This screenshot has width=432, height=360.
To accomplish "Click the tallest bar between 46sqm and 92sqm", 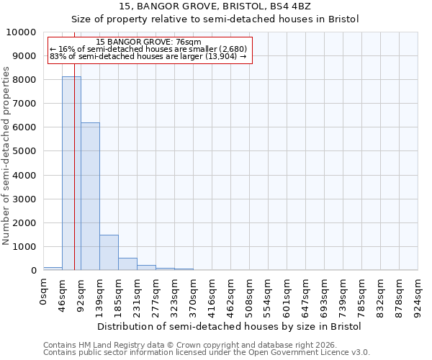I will coord(71,173).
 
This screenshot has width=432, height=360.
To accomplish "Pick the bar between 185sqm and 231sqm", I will coord(127,264).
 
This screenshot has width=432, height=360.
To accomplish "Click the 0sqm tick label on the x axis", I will coord(44,292).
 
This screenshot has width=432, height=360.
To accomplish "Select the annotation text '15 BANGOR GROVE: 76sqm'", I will coord(149,42).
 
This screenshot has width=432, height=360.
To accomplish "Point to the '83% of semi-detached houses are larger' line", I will coord(149,56).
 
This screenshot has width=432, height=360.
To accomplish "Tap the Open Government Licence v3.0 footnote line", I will coord(207,353).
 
